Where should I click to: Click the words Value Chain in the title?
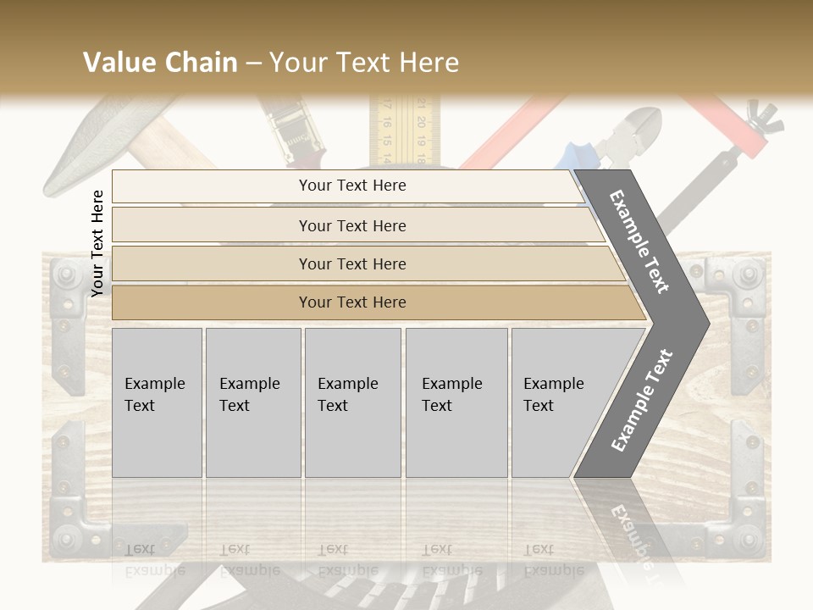(160, 63)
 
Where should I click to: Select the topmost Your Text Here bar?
(352, 186)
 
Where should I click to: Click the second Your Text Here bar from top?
(352, 225)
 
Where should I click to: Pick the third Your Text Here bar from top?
(352, 263)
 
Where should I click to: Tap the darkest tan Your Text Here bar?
(352, 302)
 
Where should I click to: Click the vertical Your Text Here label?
(97, 243)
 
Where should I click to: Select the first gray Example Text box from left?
(157, 402)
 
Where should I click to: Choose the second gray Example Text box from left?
(252, 402)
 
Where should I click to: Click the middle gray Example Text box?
(352, 402)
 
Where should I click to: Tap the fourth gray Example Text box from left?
(456, 402)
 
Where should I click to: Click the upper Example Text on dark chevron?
(639, 241)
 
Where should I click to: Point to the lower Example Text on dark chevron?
(641, 401)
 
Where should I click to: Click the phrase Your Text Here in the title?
(364, 63)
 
